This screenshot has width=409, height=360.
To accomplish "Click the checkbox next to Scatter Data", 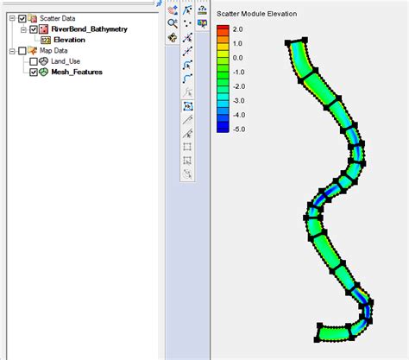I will click(x=22, y=17).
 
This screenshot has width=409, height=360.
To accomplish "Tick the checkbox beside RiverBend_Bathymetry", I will click(x=34, y=28).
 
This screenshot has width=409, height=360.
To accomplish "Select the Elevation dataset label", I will click(x=69, y=40).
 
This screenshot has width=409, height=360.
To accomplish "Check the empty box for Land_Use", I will click(x=34, y=62).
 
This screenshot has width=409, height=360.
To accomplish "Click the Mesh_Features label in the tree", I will click(x=77, y=73).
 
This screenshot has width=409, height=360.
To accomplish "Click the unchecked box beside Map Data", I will click(x=22, y=51).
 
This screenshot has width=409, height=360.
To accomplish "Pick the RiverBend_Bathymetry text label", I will click(x=89, y=28).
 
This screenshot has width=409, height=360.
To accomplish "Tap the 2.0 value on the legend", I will click(x=237, y=29).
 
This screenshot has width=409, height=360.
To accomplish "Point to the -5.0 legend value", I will click(x=238, y=128).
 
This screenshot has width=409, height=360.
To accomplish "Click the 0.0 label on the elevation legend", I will click(x=237, y=57).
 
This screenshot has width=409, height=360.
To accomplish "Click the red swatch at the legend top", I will click(x=223, y=30).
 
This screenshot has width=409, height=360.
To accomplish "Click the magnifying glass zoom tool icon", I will click(x=173, y=23).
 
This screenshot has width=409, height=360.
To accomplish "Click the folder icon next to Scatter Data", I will click(x=33, y=17).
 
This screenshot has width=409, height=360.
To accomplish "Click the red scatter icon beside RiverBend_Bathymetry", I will click(x=44, y=28).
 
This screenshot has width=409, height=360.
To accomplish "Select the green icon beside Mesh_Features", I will click(x=44, y=73).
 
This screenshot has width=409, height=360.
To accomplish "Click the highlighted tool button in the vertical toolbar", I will click(x=187, y=106).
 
